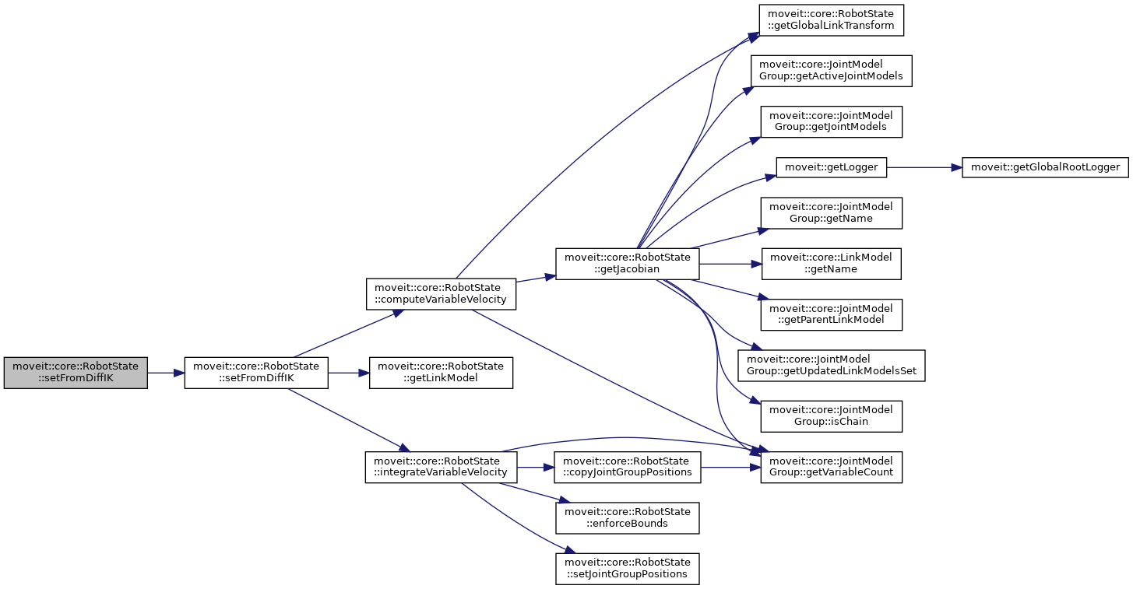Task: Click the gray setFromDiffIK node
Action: click(x=76, y=373)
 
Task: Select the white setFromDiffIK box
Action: click(x=256, y=373)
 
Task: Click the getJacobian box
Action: click(x=627, y=264)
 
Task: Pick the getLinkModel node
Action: click(x=441, y=373)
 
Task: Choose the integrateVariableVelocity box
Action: click(x=440, y=467)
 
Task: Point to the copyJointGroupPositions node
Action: click(x=628, y=467)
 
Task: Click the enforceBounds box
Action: click(x=628, y=517)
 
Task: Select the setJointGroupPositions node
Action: click(x=628, y=568)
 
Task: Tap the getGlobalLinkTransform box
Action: click(x=832, y=20)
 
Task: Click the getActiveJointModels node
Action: click(x=831, y=71)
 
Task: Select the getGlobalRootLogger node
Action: click(x=1045, y=167)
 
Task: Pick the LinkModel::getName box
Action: click(x=831, y=264)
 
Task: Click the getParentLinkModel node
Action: click(x=831, y=314)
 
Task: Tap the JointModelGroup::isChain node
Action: click(x=831, y=416)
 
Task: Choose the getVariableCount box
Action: click(x=831, y=467)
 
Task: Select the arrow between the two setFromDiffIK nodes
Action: click(x=165, y=373)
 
